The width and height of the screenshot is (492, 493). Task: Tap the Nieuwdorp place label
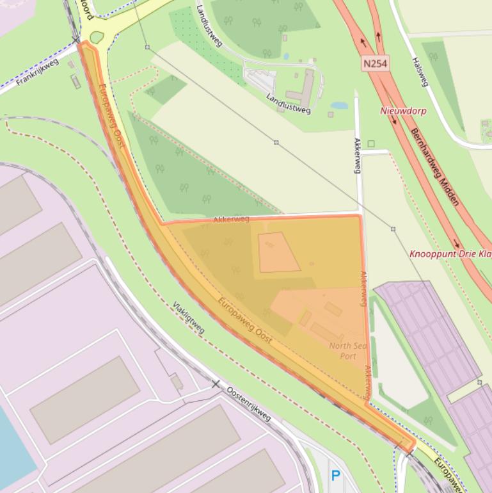pos(403,111)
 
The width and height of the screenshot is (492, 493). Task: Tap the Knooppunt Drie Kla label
pos(450,254)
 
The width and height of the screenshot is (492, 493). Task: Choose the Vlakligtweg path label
pos(188,318)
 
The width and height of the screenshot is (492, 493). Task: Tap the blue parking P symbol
pos(335,476)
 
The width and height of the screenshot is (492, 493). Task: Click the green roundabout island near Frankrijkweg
pos(97,37)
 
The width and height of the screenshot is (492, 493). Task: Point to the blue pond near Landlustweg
pos(339,106)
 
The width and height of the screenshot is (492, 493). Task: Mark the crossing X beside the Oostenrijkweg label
pos(216,384)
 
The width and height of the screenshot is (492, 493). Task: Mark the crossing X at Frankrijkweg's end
pos(76,40)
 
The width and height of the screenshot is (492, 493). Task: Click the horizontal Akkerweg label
pos(231,219)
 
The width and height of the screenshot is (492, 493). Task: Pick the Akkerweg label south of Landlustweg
pos(358,155)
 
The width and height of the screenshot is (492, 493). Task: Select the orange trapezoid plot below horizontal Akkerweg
pos(278,252)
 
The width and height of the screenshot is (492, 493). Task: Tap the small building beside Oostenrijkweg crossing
pos(176,383)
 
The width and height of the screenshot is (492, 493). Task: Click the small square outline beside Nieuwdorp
pos(370,143)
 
